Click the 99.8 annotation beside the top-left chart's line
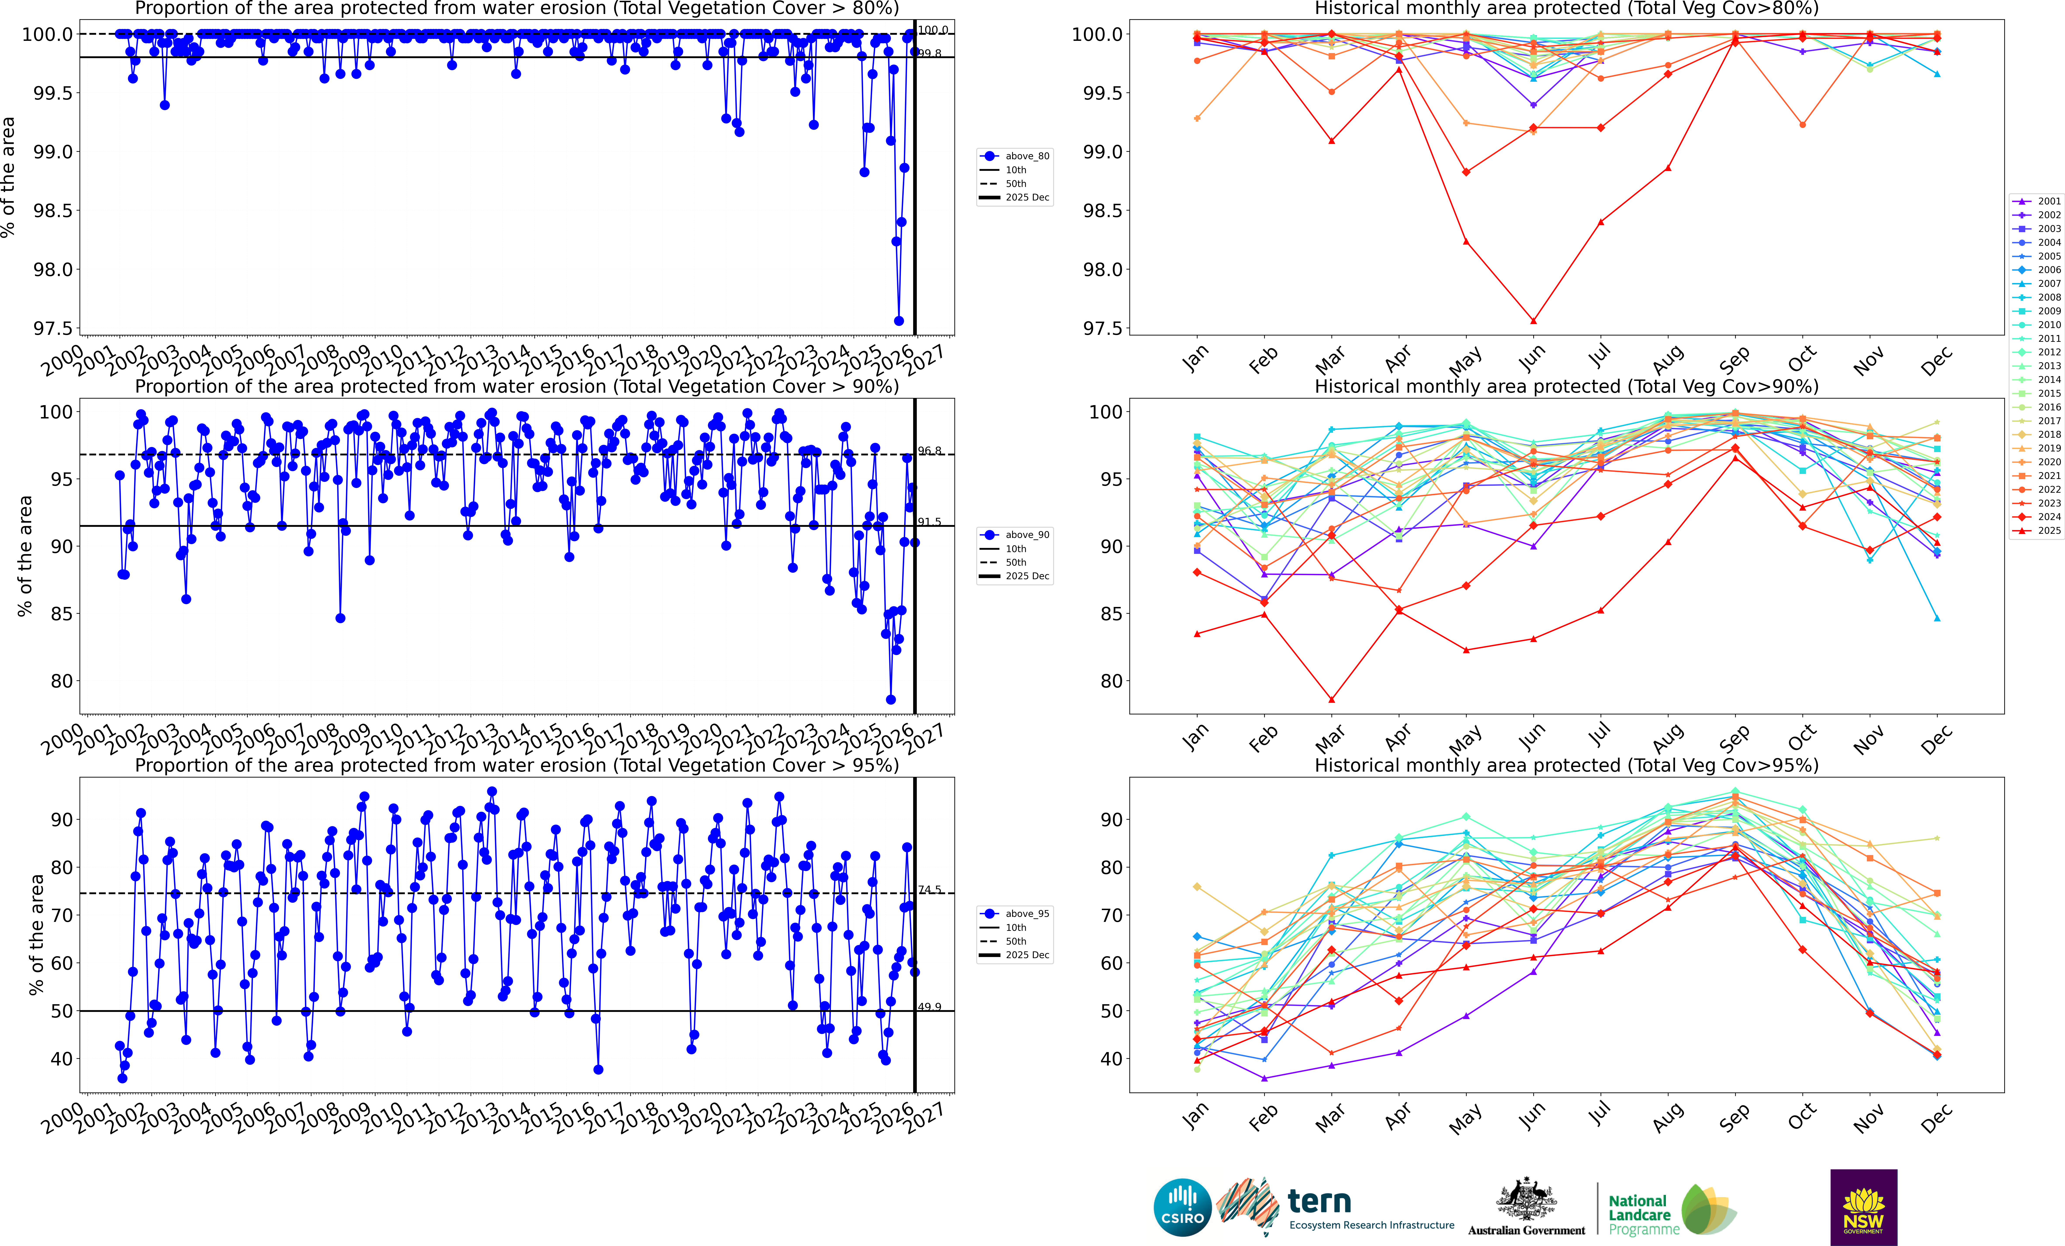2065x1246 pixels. click(x=930, y=54)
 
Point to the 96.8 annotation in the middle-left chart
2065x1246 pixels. click(x=930, y=451)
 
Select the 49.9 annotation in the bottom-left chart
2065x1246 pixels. click(x=930, y=1006)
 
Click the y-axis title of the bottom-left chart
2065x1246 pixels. click(x=36, y=934)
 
